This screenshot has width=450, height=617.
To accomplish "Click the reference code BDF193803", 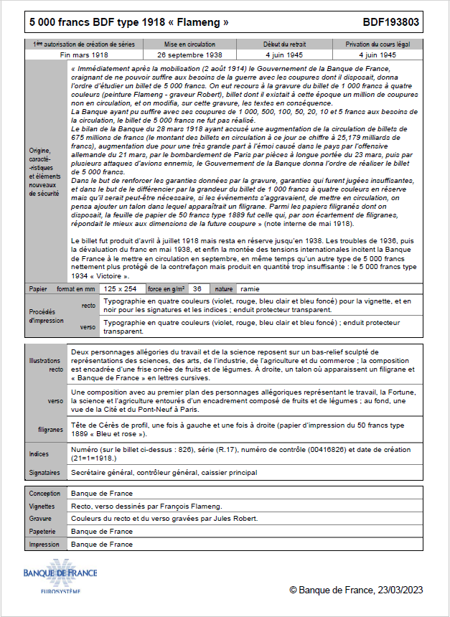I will click(393, 23).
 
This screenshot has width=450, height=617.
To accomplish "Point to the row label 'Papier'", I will click(38, 288).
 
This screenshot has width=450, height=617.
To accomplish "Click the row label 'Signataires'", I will click(44, 473).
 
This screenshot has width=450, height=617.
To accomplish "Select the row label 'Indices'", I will click(39, 454).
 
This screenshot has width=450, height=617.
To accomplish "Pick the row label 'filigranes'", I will click(50, 430).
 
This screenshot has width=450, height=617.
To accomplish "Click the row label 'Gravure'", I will click(40, 519).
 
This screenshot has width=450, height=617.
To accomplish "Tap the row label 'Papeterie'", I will click(43, 532).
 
